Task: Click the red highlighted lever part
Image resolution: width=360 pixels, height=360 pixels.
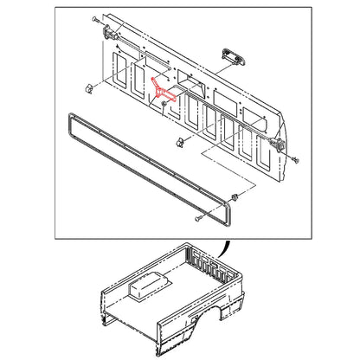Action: [164, 90]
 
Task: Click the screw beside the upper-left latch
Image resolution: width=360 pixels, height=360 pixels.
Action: [92, 18]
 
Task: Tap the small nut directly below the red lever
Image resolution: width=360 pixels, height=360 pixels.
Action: [163, 106]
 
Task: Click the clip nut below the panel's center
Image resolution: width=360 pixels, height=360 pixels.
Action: [179, 141]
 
